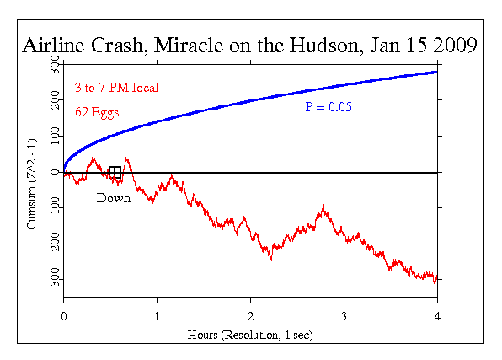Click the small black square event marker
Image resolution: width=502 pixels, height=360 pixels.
[x=115, y=173]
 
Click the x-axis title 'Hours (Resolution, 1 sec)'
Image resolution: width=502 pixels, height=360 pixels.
[x=250, y=335]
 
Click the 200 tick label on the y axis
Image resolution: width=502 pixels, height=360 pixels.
[x=55, y=101]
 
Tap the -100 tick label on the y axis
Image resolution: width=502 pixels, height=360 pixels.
[x=55, y=207]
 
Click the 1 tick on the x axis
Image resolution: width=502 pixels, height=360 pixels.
[x=157, y=316]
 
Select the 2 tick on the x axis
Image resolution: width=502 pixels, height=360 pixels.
[x=250, y=316]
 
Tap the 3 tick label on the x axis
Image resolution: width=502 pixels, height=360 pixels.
[x=344, y=316]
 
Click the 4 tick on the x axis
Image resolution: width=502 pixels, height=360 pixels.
[x=436, y=316]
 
